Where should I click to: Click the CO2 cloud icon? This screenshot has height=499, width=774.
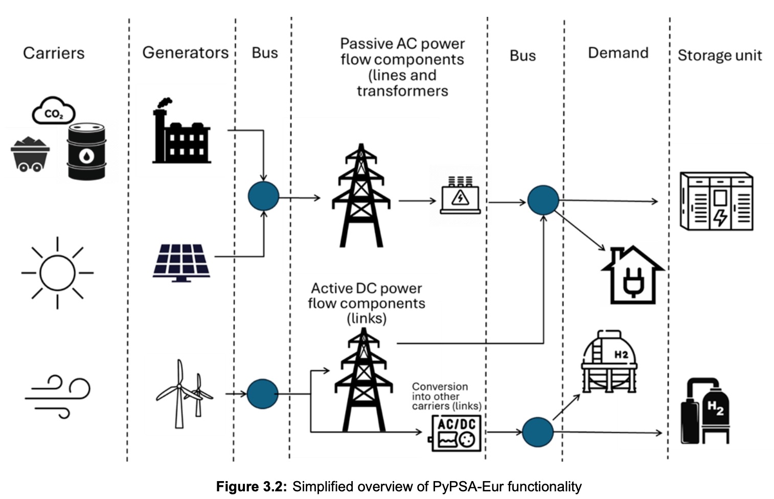pos(54,111)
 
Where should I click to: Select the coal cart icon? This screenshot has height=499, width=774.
pos(30,153)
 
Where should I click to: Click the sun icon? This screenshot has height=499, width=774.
pos(57,273)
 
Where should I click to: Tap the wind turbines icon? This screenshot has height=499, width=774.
pos(184,394)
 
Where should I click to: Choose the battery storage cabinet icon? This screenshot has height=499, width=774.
pos(716,201)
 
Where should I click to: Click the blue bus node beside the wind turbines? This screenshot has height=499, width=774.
pos(262,394)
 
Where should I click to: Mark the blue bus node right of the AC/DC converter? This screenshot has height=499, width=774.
pos(538,432)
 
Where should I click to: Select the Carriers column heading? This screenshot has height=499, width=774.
pos(54,53)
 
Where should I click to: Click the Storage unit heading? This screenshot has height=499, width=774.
pos(719,55)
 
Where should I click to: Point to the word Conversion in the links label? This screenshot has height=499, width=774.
pos(440,387)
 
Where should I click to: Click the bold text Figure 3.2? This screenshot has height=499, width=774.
pos(252,486)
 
